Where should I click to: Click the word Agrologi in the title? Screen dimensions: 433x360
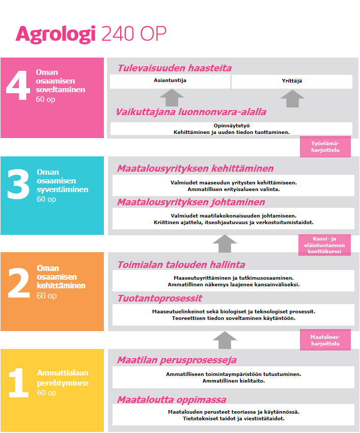tap(56, 34)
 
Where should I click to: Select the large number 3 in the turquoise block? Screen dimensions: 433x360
tap(18, 184)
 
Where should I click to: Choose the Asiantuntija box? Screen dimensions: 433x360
tap(170, 82)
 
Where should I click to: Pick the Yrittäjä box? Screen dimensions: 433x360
tap(292, 82)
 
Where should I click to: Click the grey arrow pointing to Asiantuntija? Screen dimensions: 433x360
tap(172, 98)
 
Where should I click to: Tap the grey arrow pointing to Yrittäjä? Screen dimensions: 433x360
tap(292, 98)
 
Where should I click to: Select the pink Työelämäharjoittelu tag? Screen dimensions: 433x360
tap(325, 147)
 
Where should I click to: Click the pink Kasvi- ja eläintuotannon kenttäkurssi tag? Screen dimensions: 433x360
tap(325, 245)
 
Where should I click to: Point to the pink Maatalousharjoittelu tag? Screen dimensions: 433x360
tap(325, 340)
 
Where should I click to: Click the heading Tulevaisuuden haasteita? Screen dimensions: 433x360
tap(175, 68)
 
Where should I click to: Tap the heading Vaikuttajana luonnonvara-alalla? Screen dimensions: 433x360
tap(191, 112)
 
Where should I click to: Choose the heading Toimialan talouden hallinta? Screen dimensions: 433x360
tap(181, 265)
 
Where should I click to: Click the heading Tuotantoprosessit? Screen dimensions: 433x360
tap(160, 299)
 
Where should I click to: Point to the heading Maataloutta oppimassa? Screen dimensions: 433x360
tap(172, 399)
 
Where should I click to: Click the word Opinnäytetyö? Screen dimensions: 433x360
tap(231, 125)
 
